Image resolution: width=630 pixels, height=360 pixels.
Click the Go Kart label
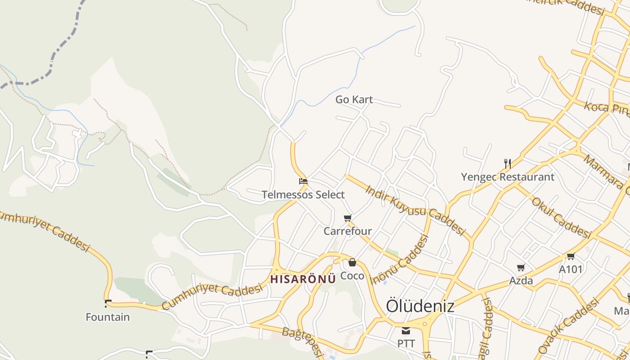tap(354, 99)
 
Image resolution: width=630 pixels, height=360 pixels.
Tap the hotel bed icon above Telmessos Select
tap(303, 182)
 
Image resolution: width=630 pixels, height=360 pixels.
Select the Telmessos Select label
tap(303, 195)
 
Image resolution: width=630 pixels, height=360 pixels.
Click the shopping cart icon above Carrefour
tap(348, 218)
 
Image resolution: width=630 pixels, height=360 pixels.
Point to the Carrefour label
tap(348, 231)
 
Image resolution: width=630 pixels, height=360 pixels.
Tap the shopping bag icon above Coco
tap(352, 262)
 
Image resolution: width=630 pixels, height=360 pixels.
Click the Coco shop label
tap(352, 275)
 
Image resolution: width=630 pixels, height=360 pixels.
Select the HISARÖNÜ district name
tap(303, 279)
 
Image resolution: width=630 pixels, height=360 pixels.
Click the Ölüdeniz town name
tap(420, 306)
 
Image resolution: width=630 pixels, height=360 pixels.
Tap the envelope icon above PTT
tap(406, 331)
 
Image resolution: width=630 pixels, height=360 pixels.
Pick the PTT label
tap(406, 343)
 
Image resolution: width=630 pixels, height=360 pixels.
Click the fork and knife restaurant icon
tap(508, 163)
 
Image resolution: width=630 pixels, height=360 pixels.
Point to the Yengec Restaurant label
tap(508, 177)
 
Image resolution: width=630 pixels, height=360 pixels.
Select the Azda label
tap(521, 281)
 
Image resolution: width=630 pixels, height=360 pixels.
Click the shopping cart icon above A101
tap(571, 256)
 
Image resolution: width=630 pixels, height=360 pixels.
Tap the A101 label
tap(571, 269)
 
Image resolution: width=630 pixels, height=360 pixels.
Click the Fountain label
tap(108, 317)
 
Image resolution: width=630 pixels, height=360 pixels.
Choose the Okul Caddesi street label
tap(561, 218)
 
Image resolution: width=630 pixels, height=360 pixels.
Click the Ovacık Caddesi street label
tap(569, 325)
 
